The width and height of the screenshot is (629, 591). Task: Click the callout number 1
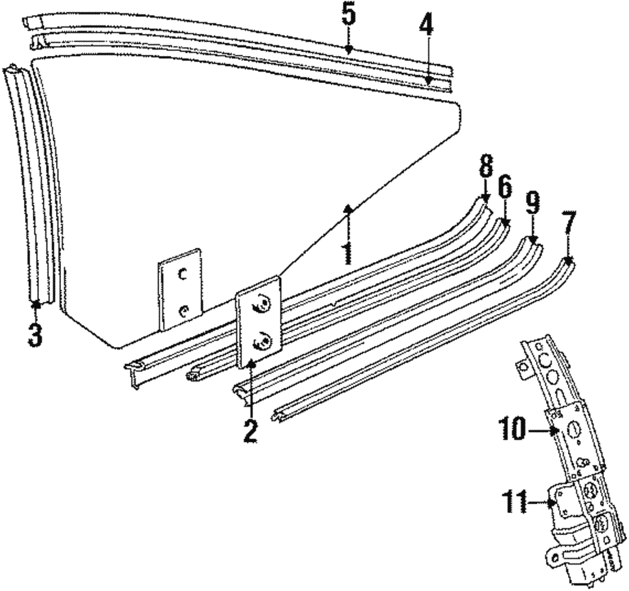346,251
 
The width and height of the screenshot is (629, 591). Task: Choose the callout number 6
505,187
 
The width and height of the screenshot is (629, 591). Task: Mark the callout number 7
568,223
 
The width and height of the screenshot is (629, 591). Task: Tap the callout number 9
532,202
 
